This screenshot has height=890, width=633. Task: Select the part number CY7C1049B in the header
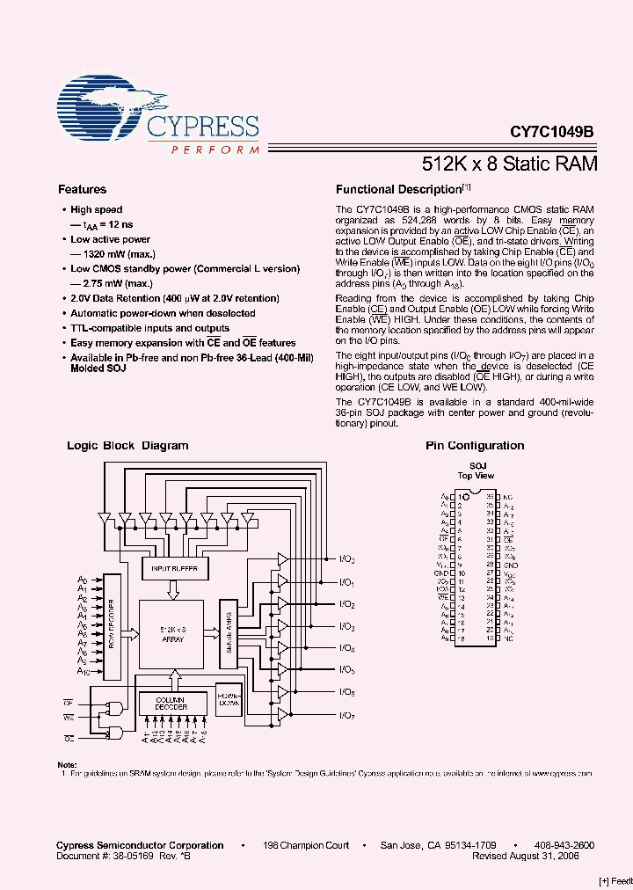point(552,131)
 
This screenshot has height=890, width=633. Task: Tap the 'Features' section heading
point(82,189)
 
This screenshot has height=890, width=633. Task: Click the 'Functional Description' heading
point(399,189)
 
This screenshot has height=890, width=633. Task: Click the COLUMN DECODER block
point(172,704)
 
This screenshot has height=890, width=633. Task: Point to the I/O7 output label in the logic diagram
point(347,715)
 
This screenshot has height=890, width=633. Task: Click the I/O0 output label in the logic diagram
point(347,559)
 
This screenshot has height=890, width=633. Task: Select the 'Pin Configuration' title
point(475,446)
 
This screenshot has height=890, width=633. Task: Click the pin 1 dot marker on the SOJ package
point(466,497)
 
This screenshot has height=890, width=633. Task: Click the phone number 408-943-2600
point(564,845)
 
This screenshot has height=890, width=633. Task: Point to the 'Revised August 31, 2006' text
point(526,856)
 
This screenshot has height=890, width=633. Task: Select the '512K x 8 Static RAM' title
point(510,164)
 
